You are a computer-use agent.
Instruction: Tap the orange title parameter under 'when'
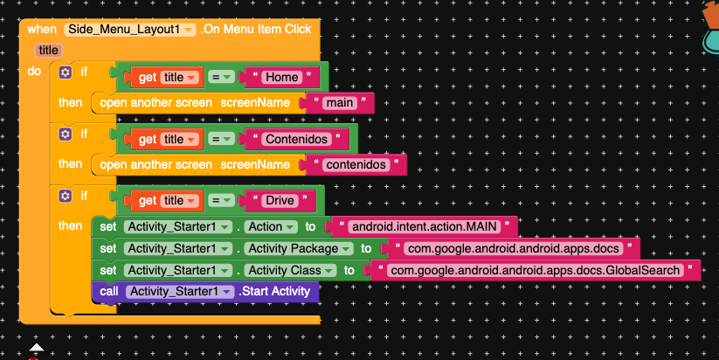(x=48, y=52)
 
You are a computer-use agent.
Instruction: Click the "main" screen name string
(x=338, y=103)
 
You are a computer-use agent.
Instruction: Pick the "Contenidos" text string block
(x=298, y=139)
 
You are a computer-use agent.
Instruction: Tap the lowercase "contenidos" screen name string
(x=356, y=164)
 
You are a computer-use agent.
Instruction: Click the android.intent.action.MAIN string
(x=422, y=226)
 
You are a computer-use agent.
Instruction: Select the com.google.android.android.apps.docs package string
(x=511, y=248)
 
